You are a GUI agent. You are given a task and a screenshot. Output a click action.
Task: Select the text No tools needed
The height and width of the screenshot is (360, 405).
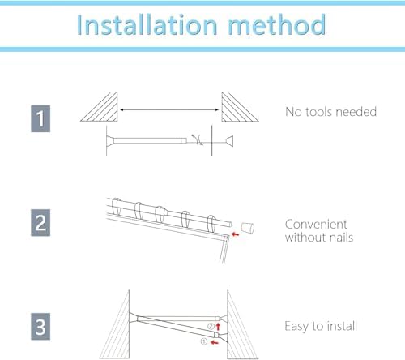point(330,111)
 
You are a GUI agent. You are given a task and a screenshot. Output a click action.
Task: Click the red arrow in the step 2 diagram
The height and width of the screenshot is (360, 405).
point(234,234)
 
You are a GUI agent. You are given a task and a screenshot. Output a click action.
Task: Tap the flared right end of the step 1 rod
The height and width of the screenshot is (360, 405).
point(228,141)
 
